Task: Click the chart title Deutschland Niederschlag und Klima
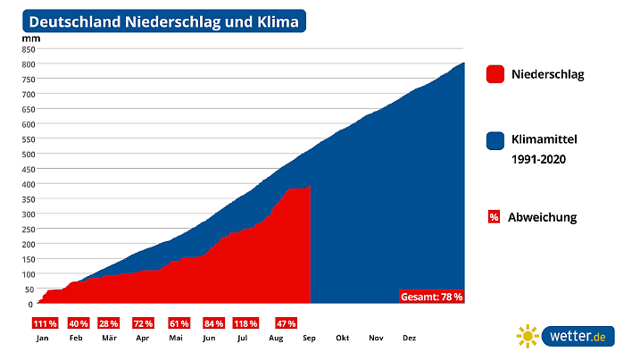(164, 21)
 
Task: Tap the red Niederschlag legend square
(495, 74)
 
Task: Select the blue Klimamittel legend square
(495, 140)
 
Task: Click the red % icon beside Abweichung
(494, 217)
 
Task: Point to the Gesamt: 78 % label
(433, 297)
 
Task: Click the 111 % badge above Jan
(45, 323)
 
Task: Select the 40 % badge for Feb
(78, 323)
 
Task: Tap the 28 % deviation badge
(109, 323)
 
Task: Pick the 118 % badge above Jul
(245, 323)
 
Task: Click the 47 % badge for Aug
(287, 323)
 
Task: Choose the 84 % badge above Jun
(213, 323)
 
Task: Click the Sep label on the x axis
(310, 339)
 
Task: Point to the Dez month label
(409, 339)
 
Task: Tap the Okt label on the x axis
(343, 339)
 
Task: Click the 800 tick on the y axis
(28, 63)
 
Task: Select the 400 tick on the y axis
(28, 184)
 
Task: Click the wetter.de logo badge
(578, 336)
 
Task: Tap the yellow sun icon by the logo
(528, 336)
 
